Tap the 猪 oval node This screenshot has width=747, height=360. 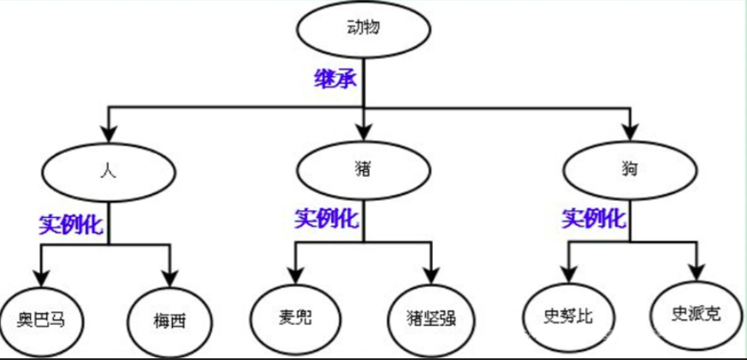[364, 169]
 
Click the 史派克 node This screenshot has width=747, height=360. [697, 313]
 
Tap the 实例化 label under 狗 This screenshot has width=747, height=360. [593, 219]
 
